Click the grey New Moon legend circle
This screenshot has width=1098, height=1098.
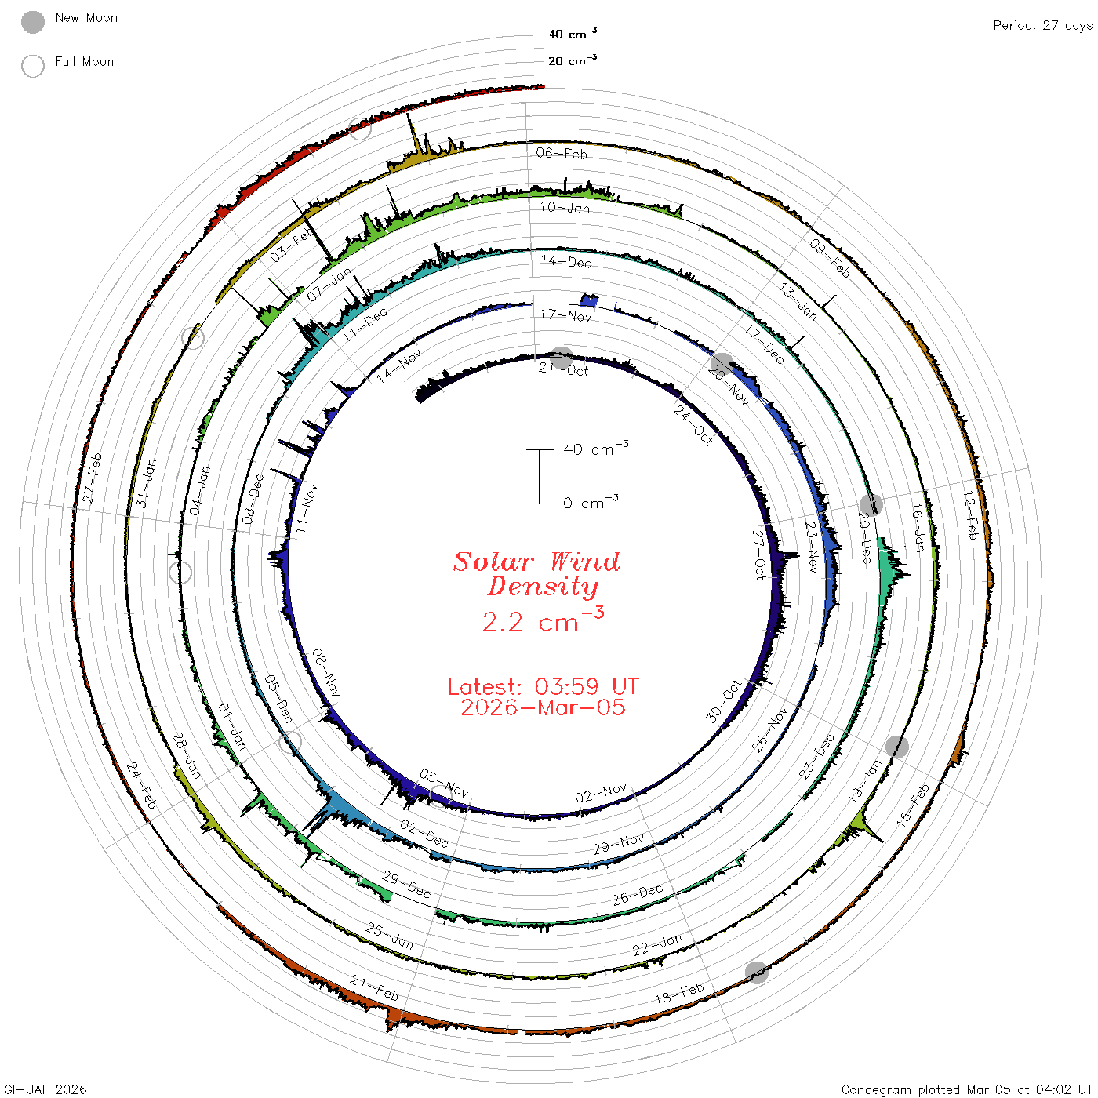[32, 22]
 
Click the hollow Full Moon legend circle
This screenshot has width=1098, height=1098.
[32, 66]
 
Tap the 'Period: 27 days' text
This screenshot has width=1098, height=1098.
[1042, 26]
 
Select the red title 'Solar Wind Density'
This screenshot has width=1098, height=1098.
[536, 574]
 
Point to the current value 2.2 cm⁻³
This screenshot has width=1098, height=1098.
[543, 620]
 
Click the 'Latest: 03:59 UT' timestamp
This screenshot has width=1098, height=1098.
[543, 686]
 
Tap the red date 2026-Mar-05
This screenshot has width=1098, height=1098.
[543, 707]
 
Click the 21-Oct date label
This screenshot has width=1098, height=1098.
[563, 369]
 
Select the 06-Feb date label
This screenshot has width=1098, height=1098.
[562, 153]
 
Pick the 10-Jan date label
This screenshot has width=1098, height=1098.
[565, 207]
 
